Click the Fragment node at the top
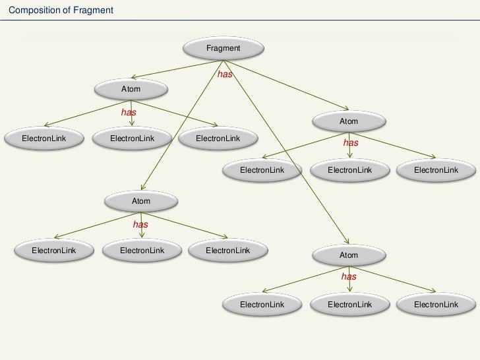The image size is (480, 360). [223, 48]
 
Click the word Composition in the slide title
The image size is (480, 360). [32, 11]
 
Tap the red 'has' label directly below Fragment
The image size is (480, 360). [225, 75]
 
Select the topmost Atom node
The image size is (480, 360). [131, 88]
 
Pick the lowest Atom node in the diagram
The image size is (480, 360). [348, 255]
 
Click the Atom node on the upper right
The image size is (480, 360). [348, 121]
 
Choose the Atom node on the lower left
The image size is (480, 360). [141, 201]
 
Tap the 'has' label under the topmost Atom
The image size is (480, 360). [129, 113]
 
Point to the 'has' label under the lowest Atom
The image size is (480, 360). [349, 277]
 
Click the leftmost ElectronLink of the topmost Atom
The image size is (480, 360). [44, 138]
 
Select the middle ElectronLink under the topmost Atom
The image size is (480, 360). [132, 138]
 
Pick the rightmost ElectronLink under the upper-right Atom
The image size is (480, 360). [436, 170]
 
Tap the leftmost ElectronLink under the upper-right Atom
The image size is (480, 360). [262, 170]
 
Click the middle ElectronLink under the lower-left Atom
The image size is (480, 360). [142, 251]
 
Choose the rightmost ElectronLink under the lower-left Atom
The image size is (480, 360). [227, 251]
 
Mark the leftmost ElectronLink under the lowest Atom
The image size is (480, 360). [262, 305]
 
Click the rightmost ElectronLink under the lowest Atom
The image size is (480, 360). [436, 305]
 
